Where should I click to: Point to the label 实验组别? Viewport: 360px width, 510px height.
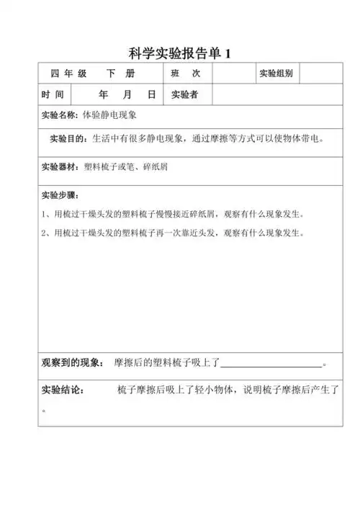[x=276, y=74]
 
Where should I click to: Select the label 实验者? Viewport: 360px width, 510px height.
[x=184, y=94]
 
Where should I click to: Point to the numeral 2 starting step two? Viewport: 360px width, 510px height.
[x=45, y=233]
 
